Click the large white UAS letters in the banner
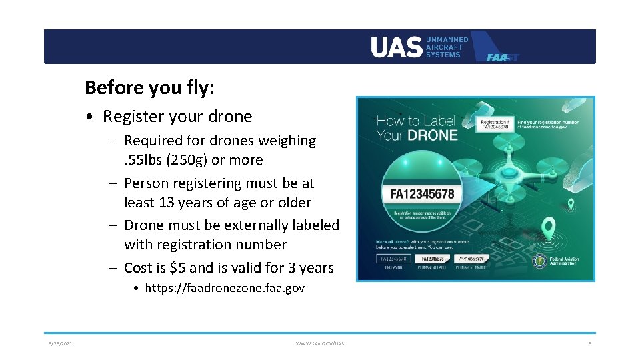click(x=397, y=47)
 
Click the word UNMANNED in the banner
click(x=447, y=40)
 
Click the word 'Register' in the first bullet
click(x=133, y=117)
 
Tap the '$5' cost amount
click(x=178, y=268)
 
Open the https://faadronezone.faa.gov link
click(x=224, y=289)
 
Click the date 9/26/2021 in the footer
click(x=60, y=344)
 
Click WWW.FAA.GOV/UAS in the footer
click(x=320, y=344)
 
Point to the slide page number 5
click(x=590, y=344)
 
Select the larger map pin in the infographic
click(x=549, y=229)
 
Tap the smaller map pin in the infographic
click(x=571, y=204)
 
